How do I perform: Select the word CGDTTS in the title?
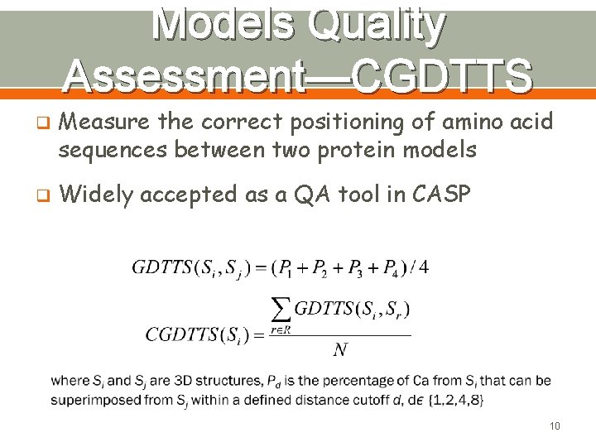click(442, 77)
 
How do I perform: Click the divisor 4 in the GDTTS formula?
click(424, 267)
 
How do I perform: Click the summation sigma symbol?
click(282, 310)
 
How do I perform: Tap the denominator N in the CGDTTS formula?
click(339, 350)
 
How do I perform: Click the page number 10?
click(554, 426)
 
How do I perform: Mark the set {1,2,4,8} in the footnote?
click(456, 400)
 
